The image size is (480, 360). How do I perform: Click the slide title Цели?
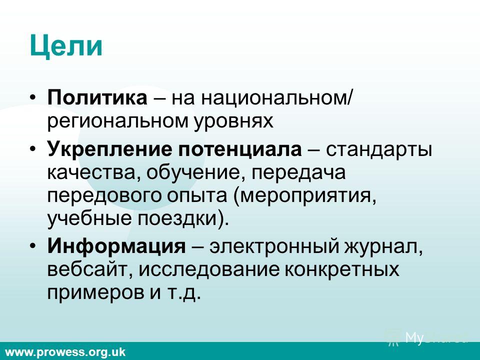[x=66, y=46]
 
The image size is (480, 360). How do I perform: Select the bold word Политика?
[x=97, y=97]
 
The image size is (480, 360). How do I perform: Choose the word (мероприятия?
[x=305, y=196]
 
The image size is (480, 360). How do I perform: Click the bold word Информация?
[x=116, y=246]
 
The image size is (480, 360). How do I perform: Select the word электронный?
[x=274, y=246]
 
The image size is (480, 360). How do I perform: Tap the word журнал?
[x=383, y=246]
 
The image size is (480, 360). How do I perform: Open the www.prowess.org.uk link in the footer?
[x=65, y=352]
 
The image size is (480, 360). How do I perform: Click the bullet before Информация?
[x=33, y=246]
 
